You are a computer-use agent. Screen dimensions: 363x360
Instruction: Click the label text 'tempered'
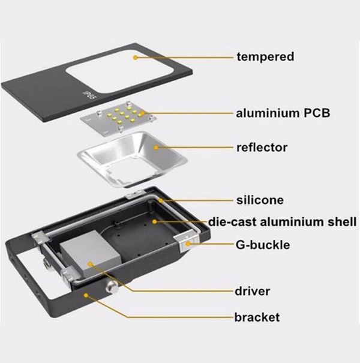click(265, 57)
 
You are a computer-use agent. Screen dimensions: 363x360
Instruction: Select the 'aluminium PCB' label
click(283, 112)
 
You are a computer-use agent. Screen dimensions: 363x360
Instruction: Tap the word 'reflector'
click(262, 147)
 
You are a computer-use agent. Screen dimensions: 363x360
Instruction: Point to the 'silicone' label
click(259, 200)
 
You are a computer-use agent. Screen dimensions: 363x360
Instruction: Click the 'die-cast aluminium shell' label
click(282, 222)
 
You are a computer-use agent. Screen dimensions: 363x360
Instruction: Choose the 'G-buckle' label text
click(263, 245)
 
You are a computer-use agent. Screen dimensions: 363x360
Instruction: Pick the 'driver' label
click(253, 292)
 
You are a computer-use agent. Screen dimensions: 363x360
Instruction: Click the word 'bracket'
click(257, 316)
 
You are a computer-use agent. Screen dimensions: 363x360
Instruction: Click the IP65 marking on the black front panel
click(89, 95)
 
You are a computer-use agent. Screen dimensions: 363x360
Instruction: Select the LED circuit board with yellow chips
click(117, 116)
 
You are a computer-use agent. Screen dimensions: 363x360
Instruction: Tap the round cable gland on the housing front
click(112, 286)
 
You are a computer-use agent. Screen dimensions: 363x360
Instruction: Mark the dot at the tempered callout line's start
click(136, 58)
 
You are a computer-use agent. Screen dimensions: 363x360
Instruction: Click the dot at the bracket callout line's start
click(88, 294)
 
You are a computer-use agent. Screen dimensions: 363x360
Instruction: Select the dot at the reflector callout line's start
click(157, 147)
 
